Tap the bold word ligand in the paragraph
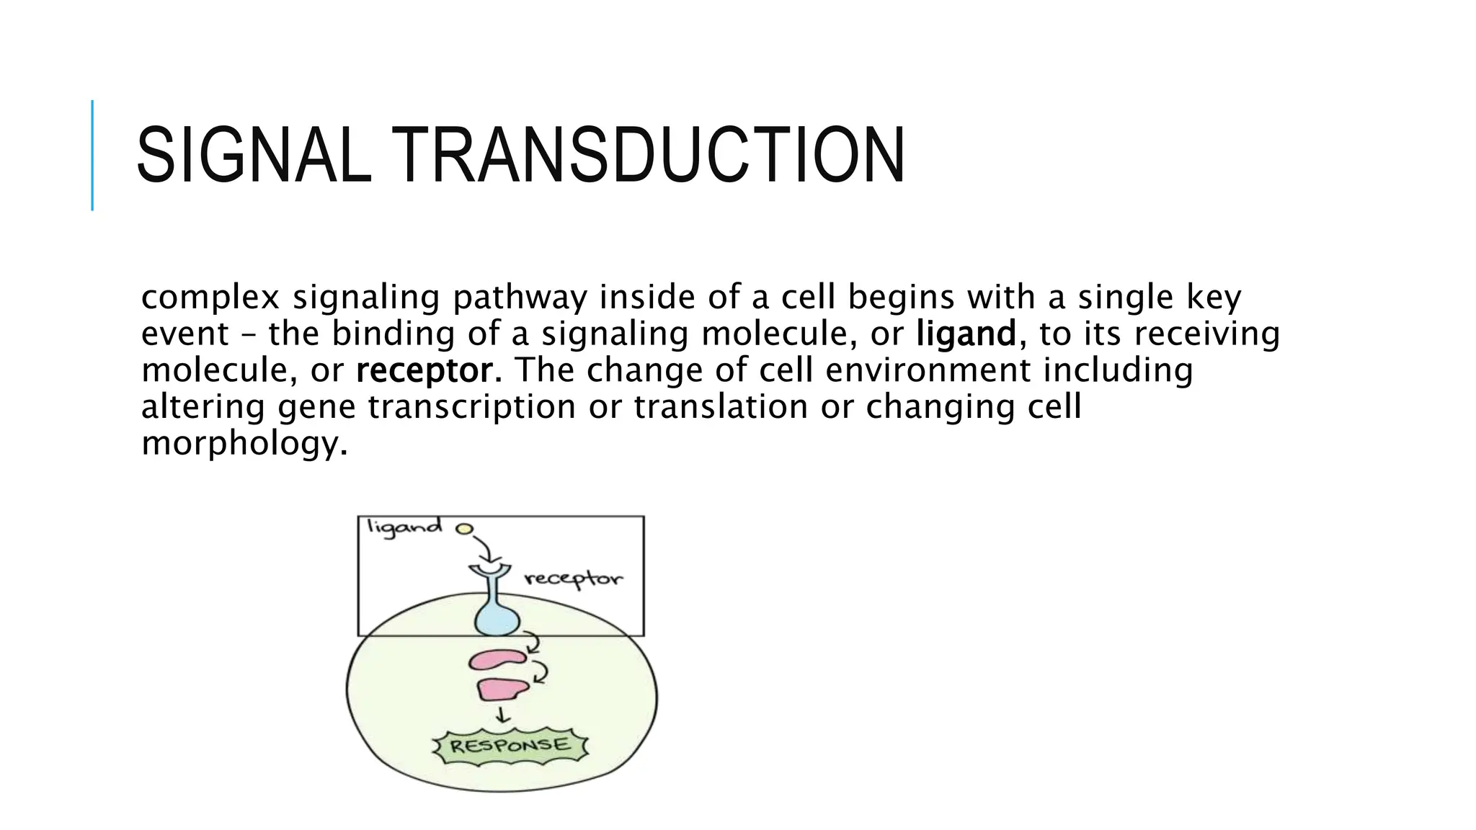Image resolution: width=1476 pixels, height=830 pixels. point(966,334)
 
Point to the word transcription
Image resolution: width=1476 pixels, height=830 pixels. point(472,407)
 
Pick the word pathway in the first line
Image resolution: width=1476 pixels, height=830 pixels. point(520,298)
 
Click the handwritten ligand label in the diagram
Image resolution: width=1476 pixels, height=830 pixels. point(404,527)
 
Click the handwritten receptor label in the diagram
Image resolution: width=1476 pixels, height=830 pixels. point(573,579)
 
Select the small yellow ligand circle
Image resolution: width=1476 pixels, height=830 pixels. point(464,530)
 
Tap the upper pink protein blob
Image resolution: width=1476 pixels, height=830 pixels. point(497,659)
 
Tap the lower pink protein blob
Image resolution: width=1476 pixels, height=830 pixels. point(502,690)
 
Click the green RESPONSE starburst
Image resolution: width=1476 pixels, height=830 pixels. point(510,746)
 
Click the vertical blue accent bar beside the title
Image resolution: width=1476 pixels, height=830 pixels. point(92,156)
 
